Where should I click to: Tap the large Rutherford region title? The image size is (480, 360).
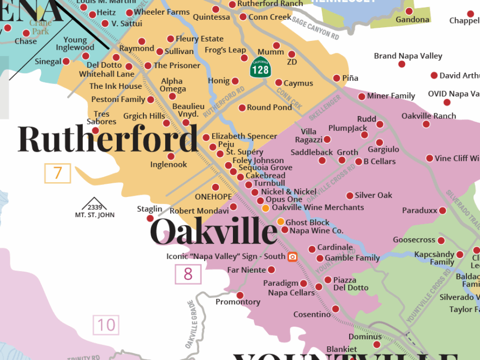[x=107, y=140]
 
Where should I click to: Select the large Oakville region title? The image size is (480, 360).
[x=213, y=232]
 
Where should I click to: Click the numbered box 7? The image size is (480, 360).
[x=58, y=173]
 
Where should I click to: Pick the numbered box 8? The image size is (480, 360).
[x=188, y=274]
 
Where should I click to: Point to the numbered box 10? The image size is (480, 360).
[x=106, y=326]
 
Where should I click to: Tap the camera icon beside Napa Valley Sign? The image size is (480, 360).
[x=292, y=256]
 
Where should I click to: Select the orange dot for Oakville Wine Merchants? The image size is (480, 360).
[x=265, y=208]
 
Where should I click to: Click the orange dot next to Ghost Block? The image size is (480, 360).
[x=280, y=221]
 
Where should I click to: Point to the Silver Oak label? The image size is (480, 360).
[x=373, y=195]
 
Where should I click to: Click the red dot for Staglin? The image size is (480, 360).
[x=150, y=218]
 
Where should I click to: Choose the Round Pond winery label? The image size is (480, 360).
[x=269, y=107]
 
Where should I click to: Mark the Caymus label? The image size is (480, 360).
[x=298, y=83]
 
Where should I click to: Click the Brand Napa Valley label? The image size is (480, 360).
[x=408, y=56]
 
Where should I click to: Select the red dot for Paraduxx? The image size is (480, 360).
[x=442, y=211]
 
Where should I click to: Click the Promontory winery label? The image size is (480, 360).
[x=238, y=302]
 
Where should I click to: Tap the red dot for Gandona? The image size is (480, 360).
[x=409, y=11]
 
